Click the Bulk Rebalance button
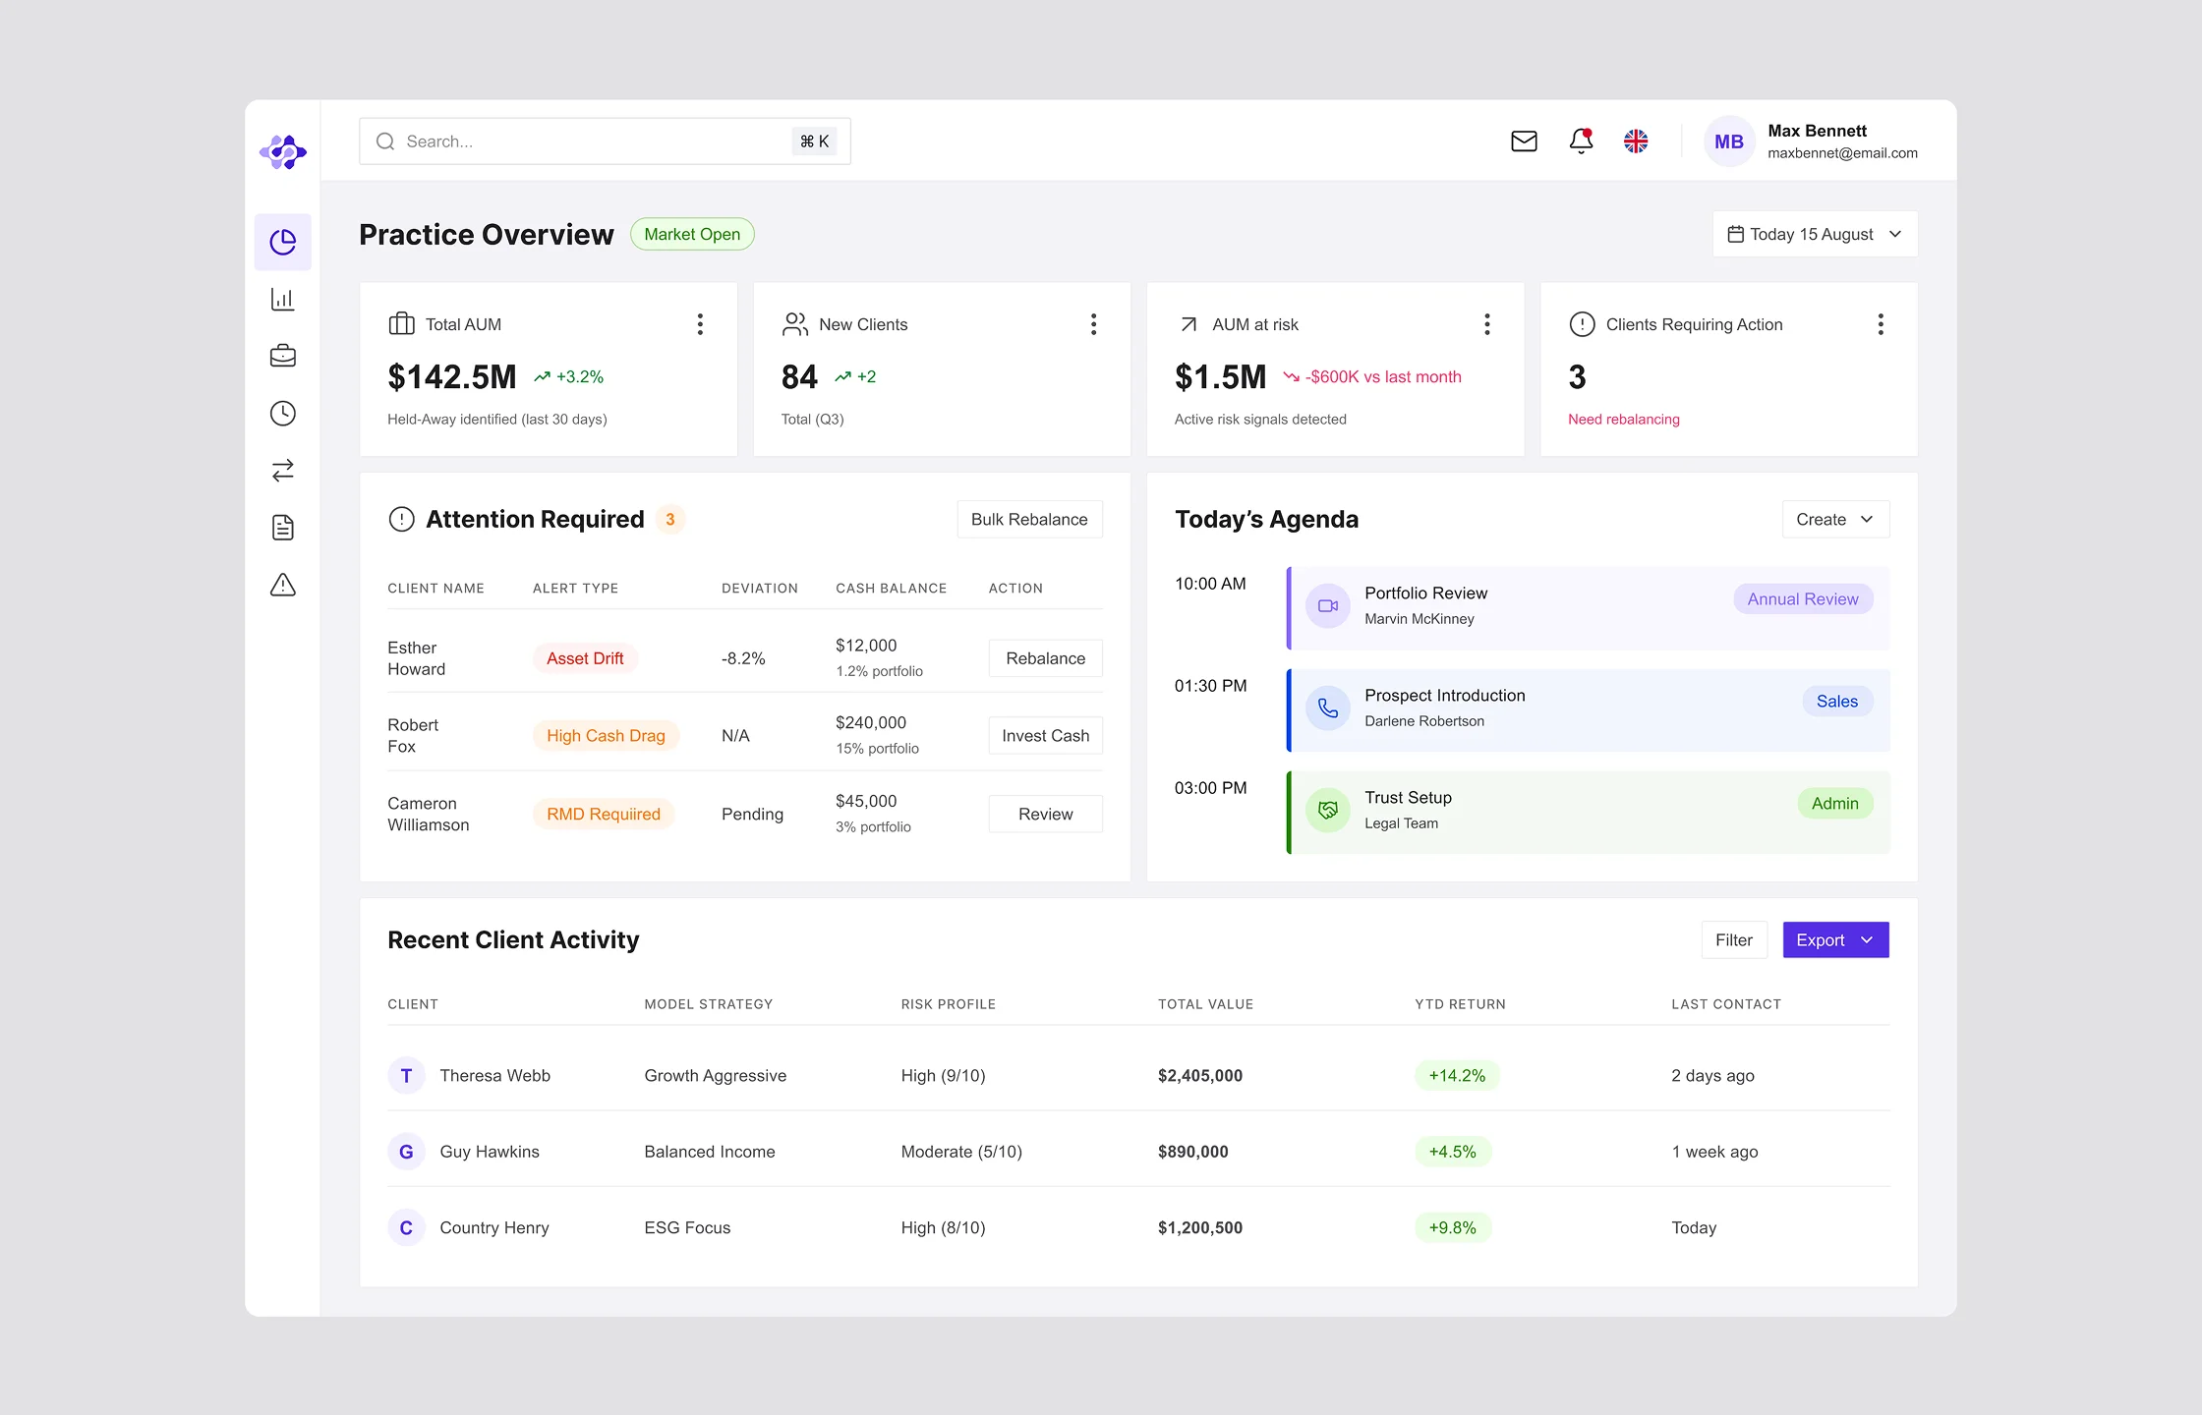tap(1029, 519)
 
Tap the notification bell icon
tap(1581, 141)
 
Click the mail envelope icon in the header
tap(1524, 141)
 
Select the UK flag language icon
tap(1636, 141)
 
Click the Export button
tap(1834, 940)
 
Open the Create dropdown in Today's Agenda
tap(1834, 519)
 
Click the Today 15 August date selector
tap(1814, 234)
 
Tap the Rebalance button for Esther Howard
tap(1045, 658)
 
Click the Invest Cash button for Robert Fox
tap(1045, 736)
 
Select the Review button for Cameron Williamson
tap(1045, 814)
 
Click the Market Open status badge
tap(692, 234)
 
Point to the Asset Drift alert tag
tap(585, 658)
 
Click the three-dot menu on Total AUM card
tap(700, 324)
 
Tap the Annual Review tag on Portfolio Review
tap(1802, 599)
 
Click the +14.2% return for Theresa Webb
tap(1457, 1075)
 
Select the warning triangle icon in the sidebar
tap(283, 586)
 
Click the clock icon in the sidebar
tap(283, 414)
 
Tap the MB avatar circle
tap(1728, 141)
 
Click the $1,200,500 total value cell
tap(1199, 1227)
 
